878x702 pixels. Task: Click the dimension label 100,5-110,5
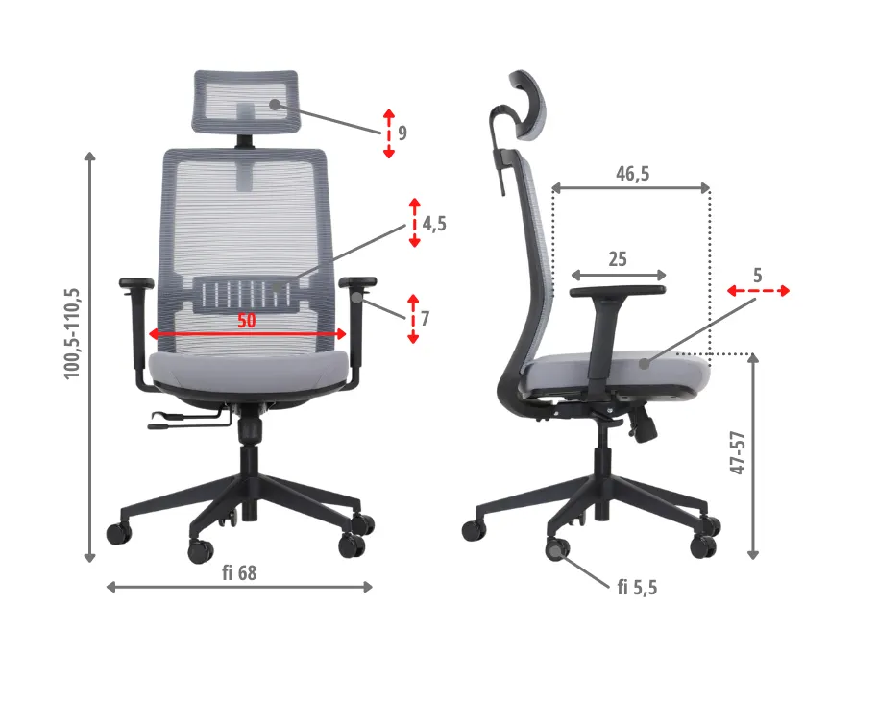click(73, 333)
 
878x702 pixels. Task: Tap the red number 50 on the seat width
click(246, 321)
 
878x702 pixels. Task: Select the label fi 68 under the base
click(239, 572)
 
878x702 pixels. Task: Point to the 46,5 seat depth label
click(633, 174)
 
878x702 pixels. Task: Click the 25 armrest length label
click(618, 259)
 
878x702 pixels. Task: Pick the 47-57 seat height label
click(739, 453)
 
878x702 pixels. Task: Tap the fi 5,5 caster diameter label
click(637, 587)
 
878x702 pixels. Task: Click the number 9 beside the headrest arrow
click(402, 133)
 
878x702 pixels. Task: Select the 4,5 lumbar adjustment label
click(434, 224)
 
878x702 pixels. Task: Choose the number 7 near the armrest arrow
click(425, 319)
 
